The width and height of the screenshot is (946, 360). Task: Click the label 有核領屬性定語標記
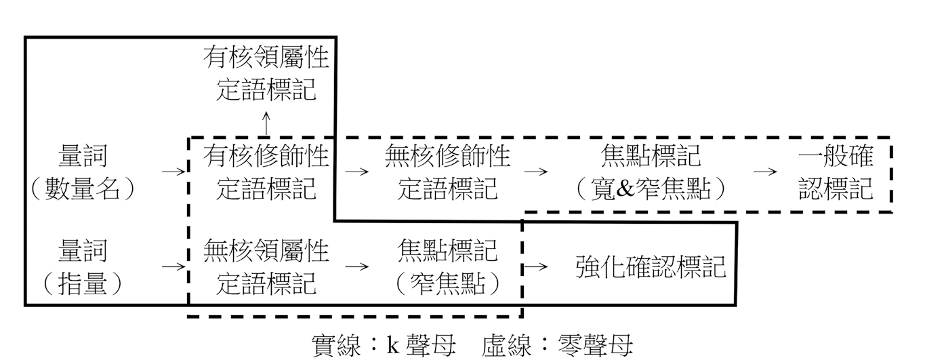coord(266,74)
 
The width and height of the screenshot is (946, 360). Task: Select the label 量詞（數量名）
coord(83,173)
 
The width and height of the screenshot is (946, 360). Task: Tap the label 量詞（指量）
coord(83,268)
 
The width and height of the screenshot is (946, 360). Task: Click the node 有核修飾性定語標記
coord(266,173)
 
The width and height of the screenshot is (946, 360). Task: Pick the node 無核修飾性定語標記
coord(447,173)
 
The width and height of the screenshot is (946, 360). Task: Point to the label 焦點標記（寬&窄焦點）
coord(651,173)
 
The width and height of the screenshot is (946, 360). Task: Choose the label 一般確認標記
coord(836,173)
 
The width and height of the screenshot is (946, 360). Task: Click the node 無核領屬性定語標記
coord(266,268)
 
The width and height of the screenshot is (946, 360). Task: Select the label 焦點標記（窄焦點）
coord(447,268)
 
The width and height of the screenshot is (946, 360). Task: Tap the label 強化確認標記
coord(651,267)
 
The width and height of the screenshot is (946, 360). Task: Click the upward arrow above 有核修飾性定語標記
coord(266,123)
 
